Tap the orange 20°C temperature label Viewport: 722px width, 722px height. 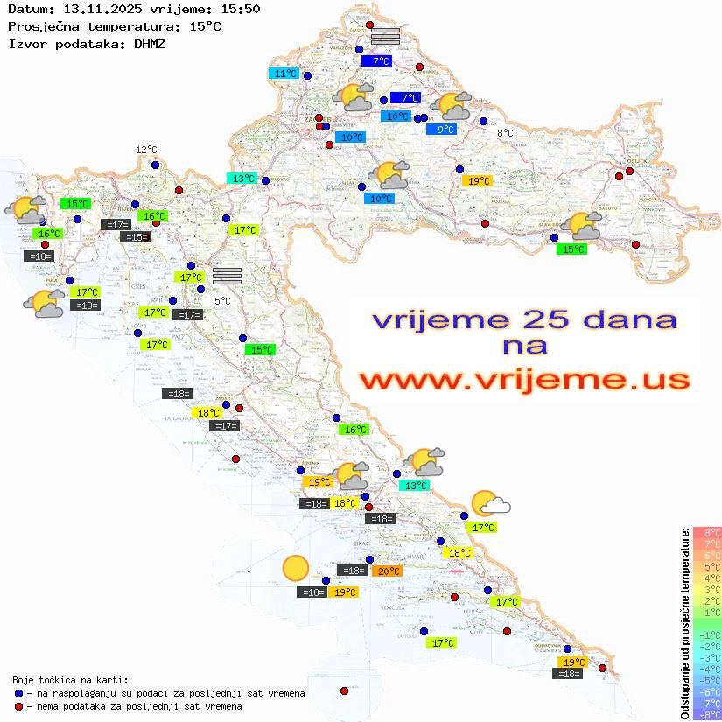click(x=387, y=571)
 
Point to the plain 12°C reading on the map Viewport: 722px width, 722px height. click(x=146, y=150)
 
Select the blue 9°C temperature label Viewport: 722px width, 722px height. click(x=445, y=130)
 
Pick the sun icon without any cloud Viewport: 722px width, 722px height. click(x=296, y=569)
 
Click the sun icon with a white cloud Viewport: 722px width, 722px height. click(x=490, y=503)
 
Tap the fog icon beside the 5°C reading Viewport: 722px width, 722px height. click(x=227, y=276)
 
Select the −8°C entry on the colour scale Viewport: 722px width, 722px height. click(x=707, y=714)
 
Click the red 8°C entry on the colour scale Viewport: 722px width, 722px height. click(x=707, y=532)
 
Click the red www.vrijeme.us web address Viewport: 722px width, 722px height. click(x=524, y=380)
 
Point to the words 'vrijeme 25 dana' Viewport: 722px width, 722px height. click(x=524, y=319)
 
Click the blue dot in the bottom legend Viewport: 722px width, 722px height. click(x=18, y=693)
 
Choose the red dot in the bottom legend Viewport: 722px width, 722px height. click(x=18, y=706)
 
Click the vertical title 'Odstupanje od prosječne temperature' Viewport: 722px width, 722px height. click(x=684, y=622)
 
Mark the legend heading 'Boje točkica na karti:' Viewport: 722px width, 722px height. click(x=69, y=680)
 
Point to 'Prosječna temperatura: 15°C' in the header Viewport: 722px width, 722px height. click(x=114, y=26)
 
